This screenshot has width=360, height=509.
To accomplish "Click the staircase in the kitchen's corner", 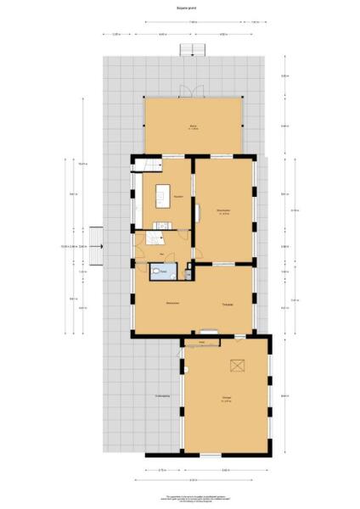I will click(x=146, y=165).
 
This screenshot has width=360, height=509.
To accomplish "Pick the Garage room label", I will click(x=226, y=398).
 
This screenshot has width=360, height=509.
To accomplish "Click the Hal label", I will click(x=160, y=254).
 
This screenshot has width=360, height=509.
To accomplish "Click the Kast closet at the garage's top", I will click(x=202, y=342).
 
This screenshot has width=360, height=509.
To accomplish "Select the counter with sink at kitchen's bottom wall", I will click(x=163, y=225).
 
